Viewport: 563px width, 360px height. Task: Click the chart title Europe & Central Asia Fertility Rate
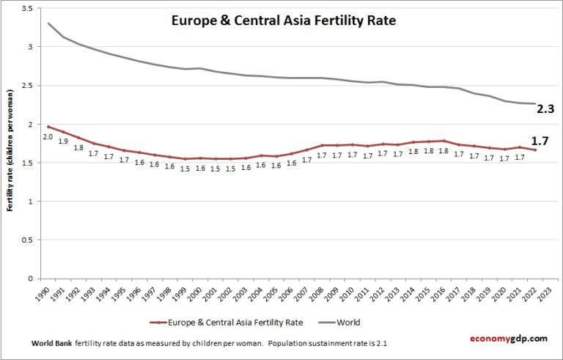283,21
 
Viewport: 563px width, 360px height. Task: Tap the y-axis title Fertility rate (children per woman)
11,151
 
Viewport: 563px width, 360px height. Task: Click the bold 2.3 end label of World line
547,108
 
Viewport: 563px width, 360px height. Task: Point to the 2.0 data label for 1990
48,136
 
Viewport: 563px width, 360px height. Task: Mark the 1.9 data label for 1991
63,142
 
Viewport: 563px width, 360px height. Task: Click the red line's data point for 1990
48,127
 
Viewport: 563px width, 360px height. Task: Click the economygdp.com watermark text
508,338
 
